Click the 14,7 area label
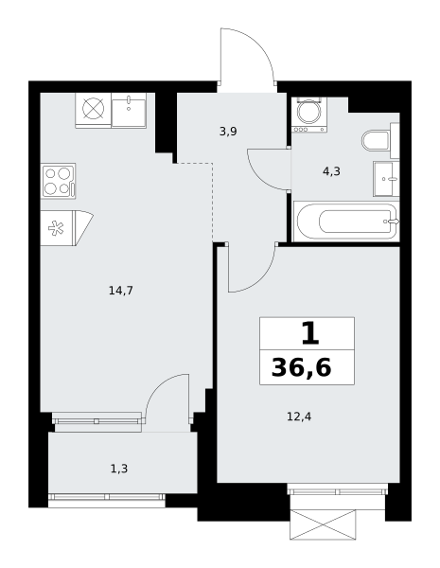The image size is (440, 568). [x=121, y=291]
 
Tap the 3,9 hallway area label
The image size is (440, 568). [x=228, y=132]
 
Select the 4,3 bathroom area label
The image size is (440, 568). [x=331, y=171]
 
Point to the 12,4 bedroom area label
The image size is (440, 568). [x=299, y=417]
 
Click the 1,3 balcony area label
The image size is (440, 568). [x=119, y=470]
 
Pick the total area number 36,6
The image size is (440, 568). [x=301, y=367]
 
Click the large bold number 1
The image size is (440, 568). [x=310, y=333]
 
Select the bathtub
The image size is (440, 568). [x=346, y=221]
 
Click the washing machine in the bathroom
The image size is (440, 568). [x=308, y=115]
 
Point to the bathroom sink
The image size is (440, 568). [x=386, y=179]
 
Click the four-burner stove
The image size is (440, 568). [x=58, y=181]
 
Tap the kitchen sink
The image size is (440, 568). [x=129, y=111]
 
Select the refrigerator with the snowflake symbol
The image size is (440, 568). [x=58, y=228]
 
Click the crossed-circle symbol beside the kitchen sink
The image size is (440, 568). [x=94, y=109]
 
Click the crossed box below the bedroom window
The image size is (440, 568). [x=323, y=524]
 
